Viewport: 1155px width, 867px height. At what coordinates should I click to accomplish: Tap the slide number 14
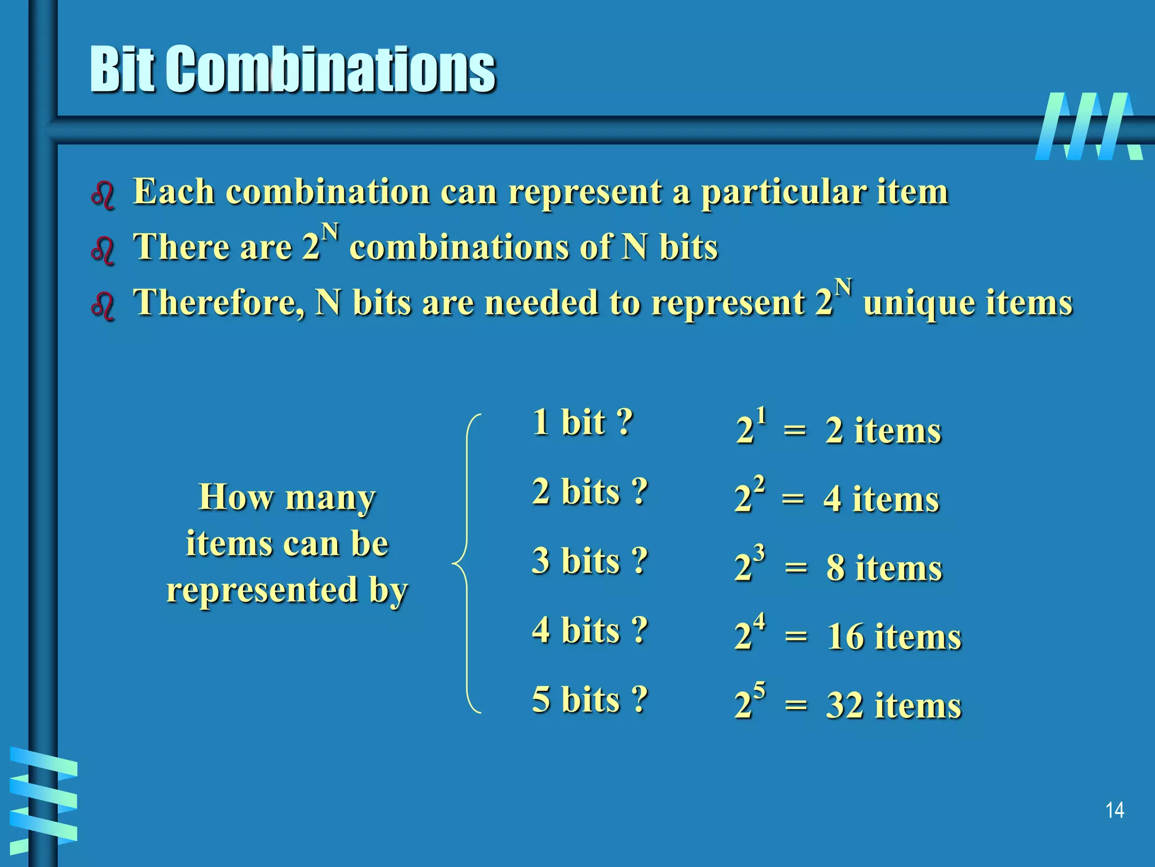coord(1114,811)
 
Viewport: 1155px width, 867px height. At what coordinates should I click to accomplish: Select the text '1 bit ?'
coord(583,422)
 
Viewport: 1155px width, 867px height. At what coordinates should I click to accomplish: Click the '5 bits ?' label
coord(589,700)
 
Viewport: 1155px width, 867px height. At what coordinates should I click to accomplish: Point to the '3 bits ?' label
coord(589,561)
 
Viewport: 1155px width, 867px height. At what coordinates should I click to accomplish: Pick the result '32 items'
coord(893,706)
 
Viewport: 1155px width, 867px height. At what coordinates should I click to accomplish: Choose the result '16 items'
coord(893,637)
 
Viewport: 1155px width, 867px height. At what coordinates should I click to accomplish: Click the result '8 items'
coord(884,568)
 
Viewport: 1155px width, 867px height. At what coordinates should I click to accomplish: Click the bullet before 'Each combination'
coord(103,195)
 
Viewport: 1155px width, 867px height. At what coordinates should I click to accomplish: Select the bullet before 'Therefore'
coord(103,306)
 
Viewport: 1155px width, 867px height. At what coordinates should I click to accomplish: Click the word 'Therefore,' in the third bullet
coord(219,303)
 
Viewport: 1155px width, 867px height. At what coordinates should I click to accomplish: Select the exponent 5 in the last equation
coord(760,690)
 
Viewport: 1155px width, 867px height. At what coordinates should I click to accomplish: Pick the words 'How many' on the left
coord(287,498)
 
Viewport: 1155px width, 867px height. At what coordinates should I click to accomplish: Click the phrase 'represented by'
coord(287,590)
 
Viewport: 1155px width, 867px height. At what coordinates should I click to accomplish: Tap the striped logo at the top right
coord(1088,126)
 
